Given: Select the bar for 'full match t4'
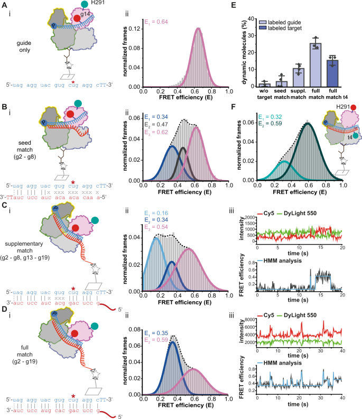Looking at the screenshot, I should pyautogui.click(x=332, y=73).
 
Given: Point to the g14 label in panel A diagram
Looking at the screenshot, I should pyautogui.click(x=87, y=18).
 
